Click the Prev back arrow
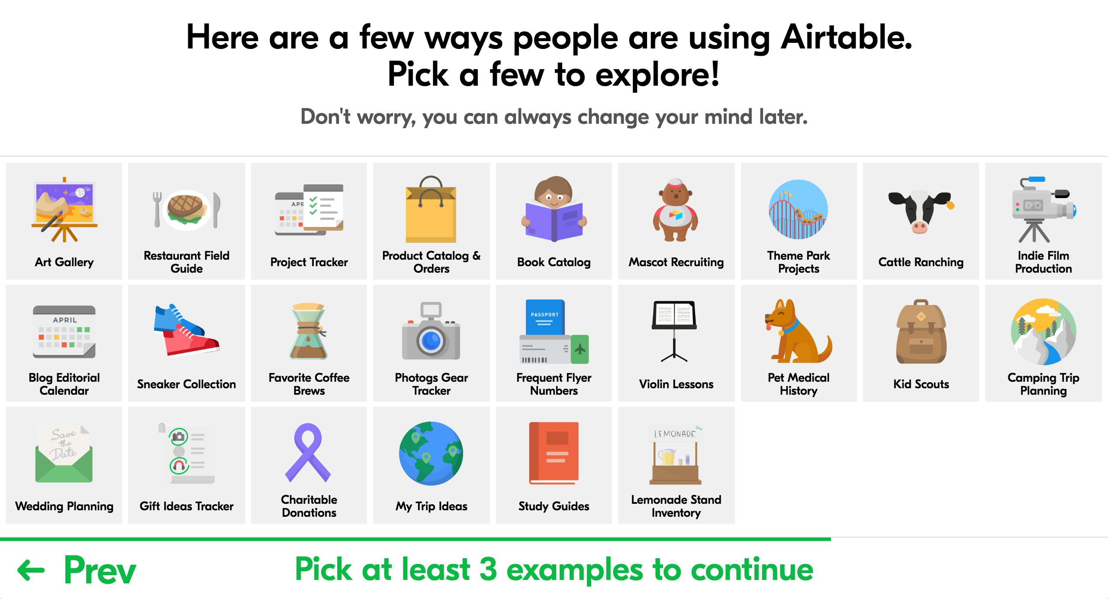[x=31, y=570]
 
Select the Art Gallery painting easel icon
[x=64, y=209]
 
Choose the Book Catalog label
[x=554, y=262]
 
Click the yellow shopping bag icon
[x=431, y=209]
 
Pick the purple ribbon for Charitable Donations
[x=308, y=453]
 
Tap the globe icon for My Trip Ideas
[x=431, y=453]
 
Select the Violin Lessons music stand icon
[x=675, y=331]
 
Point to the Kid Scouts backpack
[x=921, y=332]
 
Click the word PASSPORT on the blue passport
[x=544, y=315]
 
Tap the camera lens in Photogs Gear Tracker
[x=431, y=341]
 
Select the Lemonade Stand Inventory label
[x=676, y=506]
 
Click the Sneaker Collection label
[x=187, y=384]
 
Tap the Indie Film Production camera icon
[x=1044, y=209]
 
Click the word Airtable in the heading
[x=846, y=37]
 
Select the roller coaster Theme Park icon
[x=799, y=209]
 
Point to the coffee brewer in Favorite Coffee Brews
[x=309, y=331]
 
